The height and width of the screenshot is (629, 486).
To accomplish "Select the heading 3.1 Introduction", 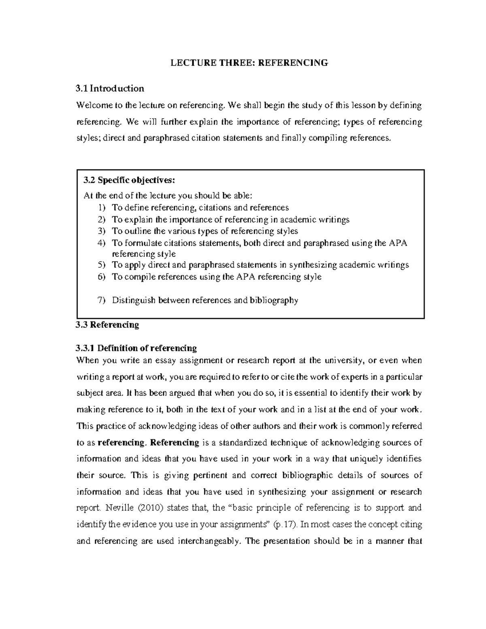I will tap(110, 88).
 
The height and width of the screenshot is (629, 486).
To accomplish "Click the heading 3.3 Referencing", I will tap(108, 325).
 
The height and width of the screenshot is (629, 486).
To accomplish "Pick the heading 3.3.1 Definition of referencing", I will tap(136, 348).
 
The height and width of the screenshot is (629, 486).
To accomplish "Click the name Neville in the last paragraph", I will tap(118, 508).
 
